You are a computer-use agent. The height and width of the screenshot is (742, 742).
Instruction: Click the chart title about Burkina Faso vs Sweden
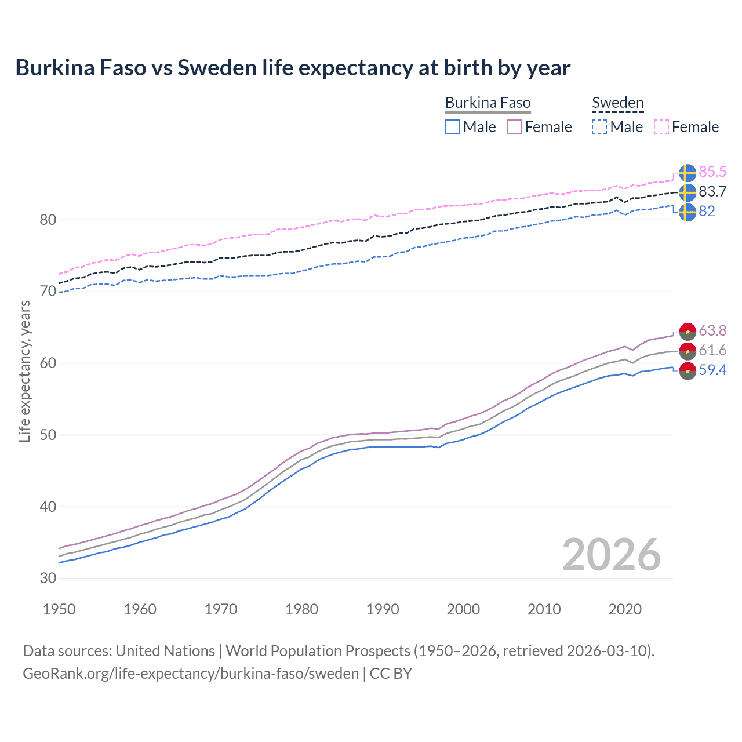click(293, 68)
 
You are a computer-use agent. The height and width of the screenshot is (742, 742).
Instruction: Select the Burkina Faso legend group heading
click(488, 103)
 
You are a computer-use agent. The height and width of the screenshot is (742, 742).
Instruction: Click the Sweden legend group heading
click(617, 103)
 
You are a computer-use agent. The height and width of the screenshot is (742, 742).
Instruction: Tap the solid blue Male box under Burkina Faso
click(453, 127)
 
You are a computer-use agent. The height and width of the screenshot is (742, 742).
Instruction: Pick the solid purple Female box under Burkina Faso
click(514, 127)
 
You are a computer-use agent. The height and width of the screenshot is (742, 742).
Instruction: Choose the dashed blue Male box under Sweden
click(599, 127)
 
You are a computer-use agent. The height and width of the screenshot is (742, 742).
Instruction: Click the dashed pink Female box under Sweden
click(661, 127)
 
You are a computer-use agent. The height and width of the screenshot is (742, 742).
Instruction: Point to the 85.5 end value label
click(712, 172)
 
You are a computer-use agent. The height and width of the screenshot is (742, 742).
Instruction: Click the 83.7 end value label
click(712, 191)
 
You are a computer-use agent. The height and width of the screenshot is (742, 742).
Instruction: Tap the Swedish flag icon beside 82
click(688, 212)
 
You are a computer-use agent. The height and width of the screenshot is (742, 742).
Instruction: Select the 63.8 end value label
click(712, 330)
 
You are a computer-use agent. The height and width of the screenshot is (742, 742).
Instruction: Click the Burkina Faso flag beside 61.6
click(688, 351)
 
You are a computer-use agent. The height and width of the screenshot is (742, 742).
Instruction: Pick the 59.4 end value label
click(712, 370)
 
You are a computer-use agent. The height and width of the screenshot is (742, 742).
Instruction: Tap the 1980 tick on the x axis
click(301, 609)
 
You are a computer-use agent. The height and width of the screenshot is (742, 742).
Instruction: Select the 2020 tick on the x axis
click(625, 609)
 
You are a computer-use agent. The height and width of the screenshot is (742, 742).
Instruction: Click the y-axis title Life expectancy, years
click(25, 371)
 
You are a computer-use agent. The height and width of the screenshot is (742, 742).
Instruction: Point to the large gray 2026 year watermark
click(611, 555)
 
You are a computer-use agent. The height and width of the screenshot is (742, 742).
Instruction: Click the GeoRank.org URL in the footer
click(191, 674)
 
